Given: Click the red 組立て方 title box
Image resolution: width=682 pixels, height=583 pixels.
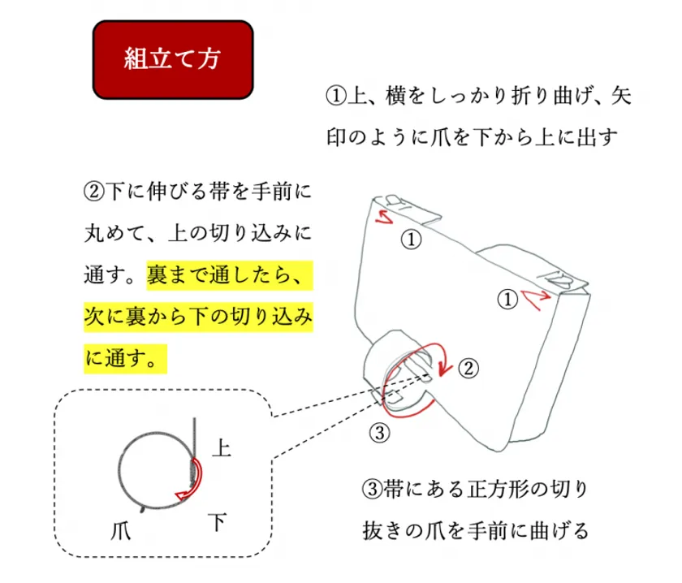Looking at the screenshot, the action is [173, 59].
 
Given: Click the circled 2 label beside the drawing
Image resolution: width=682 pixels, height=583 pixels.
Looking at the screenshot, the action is [468, 368].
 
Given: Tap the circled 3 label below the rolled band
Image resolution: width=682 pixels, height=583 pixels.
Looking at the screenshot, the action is [379, 433].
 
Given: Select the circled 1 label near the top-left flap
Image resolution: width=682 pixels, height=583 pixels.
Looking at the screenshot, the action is [411, 240].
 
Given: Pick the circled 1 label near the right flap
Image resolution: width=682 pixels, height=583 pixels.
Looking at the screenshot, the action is [507, 300].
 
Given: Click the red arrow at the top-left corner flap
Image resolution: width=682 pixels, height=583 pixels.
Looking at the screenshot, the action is [383, 217].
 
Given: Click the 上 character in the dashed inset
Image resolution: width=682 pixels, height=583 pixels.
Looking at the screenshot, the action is [222, 447].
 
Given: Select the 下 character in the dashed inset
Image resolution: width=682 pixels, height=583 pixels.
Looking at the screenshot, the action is [218, 521].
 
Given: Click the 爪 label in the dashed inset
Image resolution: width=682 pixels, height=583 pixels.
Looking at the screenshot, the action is [121, 530].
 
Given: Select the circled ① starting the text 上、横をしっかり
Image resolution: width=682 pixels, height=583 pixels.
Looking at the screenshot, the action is [336, 96].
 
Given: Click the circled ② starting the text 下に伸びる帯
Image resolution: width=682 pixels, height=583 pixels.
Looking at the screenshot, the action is [94, 192].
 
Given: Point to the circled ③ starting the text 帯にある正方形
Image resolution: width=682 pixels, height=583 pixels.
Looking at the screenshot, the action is [373, 489].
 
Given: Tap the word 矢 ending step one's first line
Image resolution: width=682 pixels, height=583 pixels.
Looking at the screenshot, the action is [621, 96].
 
